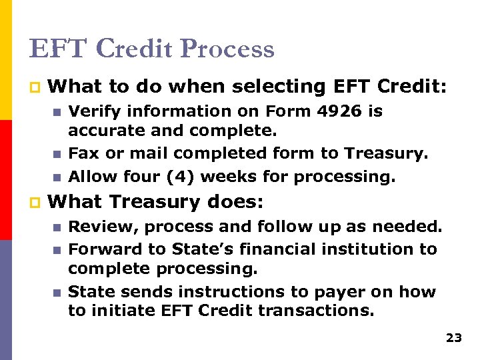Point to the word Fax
83,154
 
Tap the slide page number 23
453,338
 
